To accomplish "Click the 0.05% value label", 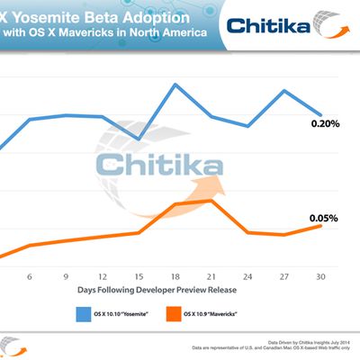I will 324,218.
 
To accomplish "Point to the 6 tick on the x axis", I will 30,276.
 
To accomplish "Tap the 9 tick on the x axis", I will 66,276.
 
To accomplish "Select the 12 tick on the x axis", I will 102,276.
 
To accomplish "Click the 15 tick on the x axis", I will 139,276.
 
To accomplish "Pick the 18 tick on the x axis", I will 175,276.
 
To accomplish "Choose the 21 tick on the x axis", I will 211,276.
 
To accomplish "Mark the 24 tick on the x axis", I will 247,276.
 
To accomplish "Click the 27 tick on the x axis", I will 283,276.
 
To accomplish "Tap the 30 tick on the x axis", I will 319,276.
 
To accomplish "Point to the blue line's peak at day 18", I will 175,85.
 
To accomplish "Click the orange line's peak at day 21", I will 211,201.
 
